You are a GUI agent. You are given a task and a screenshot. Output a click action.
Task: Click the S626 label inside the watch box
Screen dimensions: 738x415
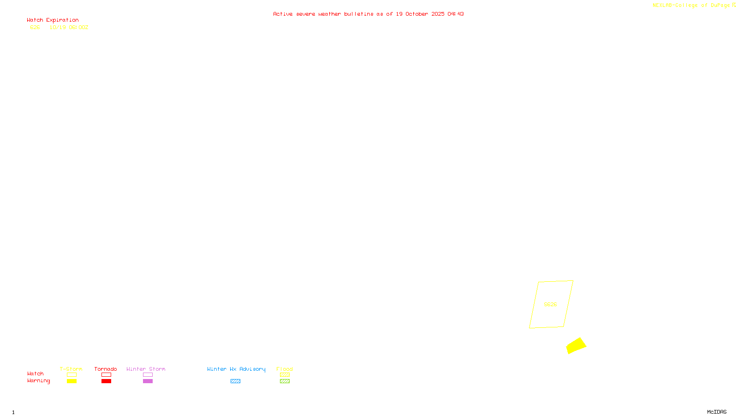point(550,304)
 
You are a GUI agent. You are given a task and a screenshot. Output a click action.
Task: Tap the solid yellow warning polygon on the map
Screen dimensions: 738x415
point(576,346)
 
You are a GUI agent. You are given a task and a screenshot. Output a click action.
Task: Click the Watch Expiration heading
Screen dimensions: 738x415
point(53,20)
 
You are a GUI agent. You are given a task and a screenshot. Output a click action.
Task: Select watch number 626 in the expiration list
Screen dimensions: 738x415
point(35,28)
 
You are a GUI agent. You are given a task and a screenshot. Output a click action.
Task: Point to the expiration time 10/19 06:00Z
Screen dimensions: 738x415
point(69,28)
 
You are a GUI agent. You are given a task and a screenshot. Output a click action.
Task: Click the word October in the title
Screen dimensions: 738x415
point(417,14)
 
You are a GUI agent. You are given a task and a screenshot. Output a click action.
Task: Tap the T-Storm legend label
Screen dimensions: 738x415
point(71,369)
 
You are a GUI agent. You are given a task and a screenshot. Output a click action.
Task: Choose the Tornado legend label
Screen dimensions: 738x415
point(106,369)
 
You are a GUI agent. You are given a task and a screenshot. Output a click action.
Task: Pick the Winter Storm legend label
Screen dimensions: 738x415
point(146,369)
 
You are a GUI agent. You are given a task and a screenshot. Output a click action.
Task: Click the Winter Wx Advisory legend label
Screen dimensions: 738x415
point(236,369)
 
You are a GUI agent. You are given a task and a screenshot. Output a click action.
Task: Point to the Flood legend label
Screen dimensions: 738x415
point(285,369)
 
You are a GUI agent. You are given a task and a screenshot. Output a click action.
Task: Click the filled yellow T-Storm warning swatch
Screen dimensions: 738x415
point(71,381)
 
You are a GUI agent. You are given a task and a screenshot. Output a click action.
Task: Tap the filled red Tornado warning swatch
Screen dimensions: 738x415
point(107,381)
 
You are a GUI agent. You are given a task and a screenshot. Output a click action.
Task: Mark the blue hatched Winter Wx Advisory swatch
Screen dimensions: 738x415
point(235,381)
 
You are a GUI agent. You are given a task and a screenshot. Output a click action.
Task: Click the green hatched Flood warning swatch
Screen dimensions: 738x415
point(285,381)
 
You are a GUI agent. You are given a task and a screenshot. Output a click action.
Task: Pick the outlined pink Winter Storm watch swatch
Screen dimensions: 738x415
point(148,375)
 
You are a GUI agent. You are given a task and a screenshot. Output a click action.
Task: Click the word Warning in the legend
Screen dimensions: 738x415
point(39,381)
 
